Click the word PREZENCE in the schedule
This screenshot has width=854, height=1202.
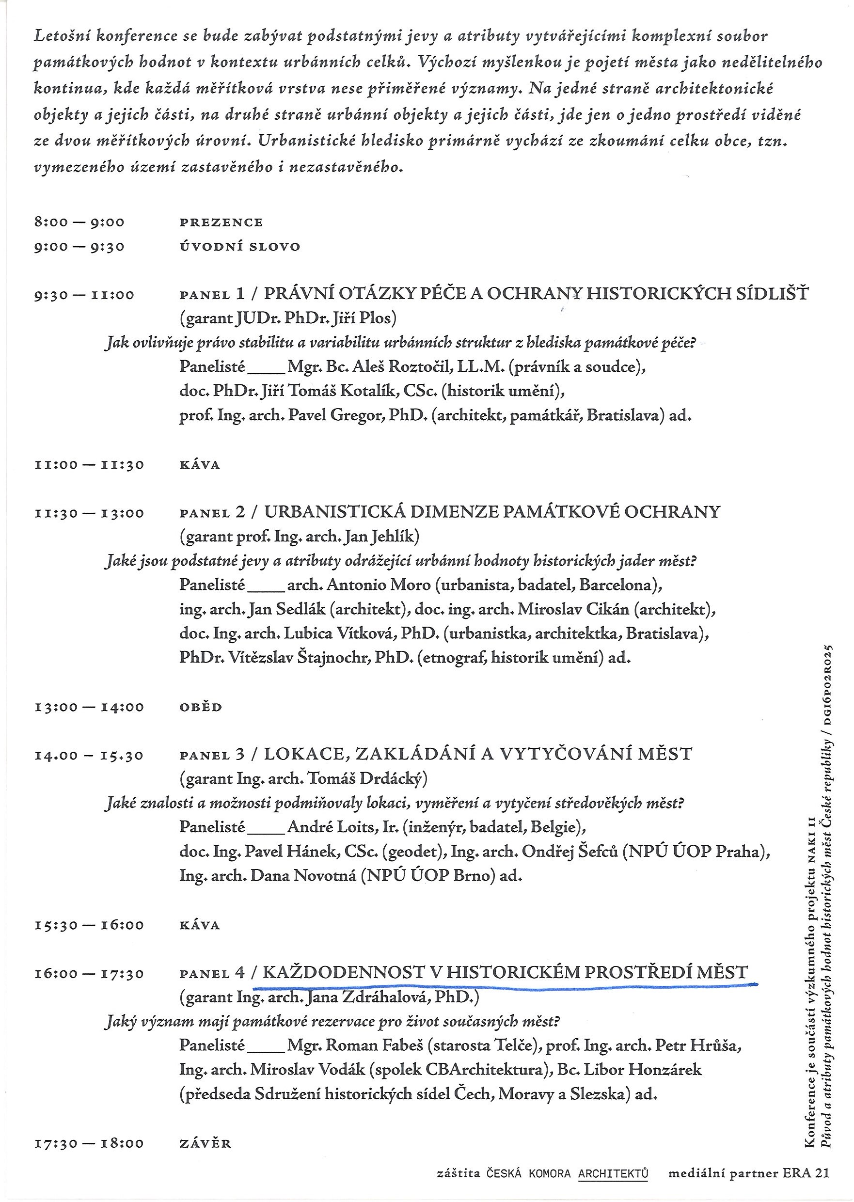pyautogui.click(x=221, y=222)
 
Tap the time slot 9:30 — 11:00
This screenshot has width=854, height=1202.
pyautogui.click(x=84, y=295)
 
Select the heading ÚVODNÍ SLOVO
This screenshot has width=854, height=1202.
pyautogui.click(x=240, y=247)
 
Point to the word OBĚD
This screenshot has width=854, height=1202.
pyautogui.click(x=201, y=707)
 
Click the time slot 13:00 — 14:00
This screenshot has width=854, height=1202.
pyautogui.click(x=89, y=707)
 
